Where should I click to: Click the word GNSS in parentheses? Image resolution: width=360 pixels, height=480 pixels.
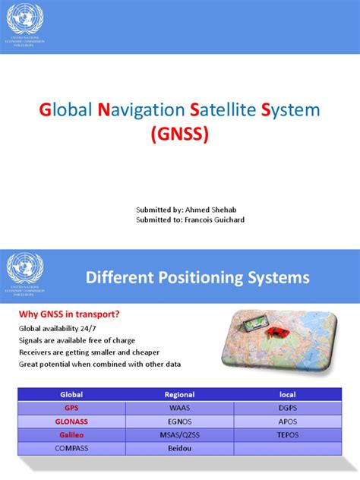[180, 135]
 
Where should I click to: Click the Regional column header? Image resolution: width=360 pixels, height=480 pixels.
[179, 395]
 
